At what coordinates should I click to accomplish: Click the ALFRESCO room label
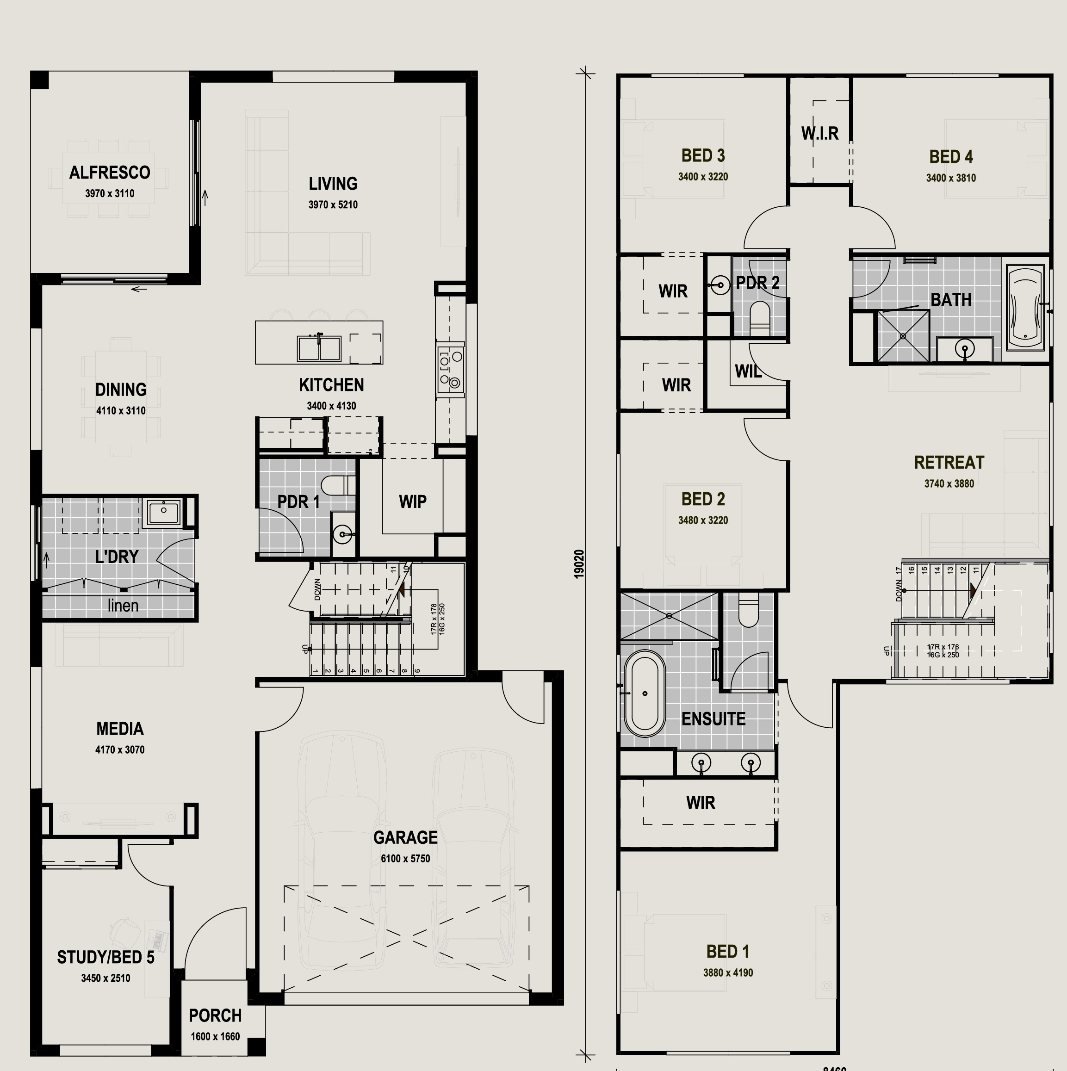pyautogui.click(x=109, y=173)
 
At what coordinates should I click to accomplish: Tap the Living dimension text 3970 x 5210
pyautogui.click(x=333, y=204)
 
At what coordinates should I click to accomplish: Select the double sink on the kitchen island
pyautogui.click(x=319, y=348)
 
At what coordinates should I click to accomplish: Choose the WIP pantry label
pyautogui.click(x=413, y=501)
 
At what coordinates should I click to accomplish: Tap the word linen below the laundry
pyautogui.click(x=123, y=605)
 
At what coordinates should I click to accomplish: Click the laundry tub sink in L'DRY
pyautogui.click(x=162, y=512)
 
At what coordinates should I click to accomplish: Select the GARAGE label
pyautogui.click(x=405, y=837)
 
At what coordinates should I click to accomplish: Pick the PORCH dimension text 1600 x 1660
pyautogui.click(x=215, y=1037)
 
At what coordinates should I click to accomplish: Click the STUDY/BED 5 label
pyautogui.click(x=105, y=957)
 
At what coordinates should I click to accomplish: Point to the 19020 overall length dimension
pyautogui.click(x=579, y=564)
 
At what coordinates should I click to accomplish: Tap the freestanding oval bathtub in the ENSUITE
pyautogui.click(x=645, y=693)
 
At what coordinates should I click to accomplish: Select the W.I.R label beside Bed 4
pyautogui.click(x=819, y=134)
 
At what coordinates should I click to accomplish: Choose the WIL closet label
pyautogui.click(x=748, y=371)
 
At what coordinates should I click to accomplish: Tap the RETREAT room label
pyautogui.click(x=949, y=462)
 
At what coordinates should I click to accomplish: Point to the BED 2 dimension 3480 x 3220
pyautogui.click(x=703, y=520)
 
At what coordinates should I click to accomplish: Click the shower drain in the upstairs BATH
pyautogui.click(x=903, y=336)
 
